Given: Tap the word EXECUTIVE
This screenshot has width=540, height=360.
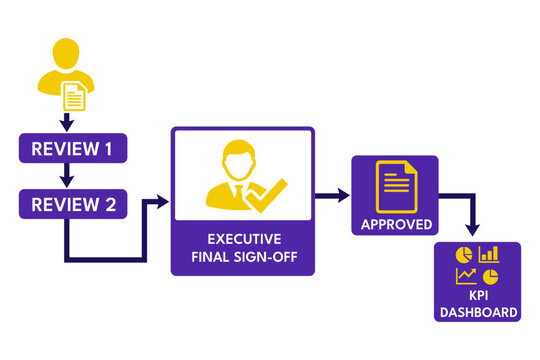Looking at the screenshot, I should pyautogui.click(x=242, y=240).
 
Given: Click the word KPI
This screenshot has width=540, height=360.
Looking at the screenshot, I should pyautogui.click(x=477, y=297).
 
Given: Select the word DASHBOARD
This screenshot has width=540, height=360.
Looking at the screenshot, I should pyautogui.click(x=477, y=313).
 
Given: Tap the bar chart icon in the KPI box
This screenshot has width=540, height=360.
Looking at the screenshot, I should pyautogui.click(x=489, y=255).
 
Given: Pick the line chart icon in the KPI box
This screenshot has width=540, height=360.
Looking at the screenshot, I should pyautogui.click(x=465, y=276).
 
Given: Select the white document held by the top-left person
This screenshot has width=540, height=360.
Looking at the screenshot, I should pyautogui.click(x=75, y=96).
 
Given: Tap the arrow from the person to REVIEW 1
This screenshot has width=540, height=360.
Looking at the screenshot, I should pyautogui.click(x=66, y=122).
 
